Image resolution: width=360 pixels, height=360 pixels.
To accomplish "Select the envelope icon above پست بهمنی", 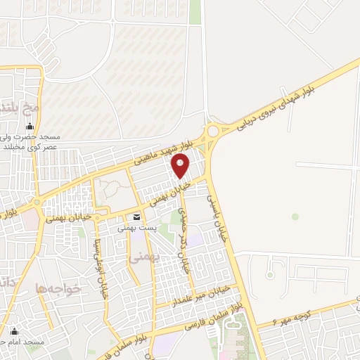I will tap(136, 217).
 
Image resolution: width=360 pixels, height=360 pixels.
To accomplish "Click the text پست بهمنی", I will tap(136, 229).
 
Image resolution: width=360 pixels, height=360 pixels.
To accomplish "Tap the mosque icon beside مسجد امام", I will tap(13, 331).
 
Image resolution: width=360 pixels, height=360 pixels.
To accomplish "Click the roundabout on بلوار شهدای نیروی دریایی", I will tap(212, 131).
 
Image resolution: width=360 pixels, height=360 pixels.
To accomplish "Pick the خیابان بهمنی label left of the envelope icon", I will tap(69, 219).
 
